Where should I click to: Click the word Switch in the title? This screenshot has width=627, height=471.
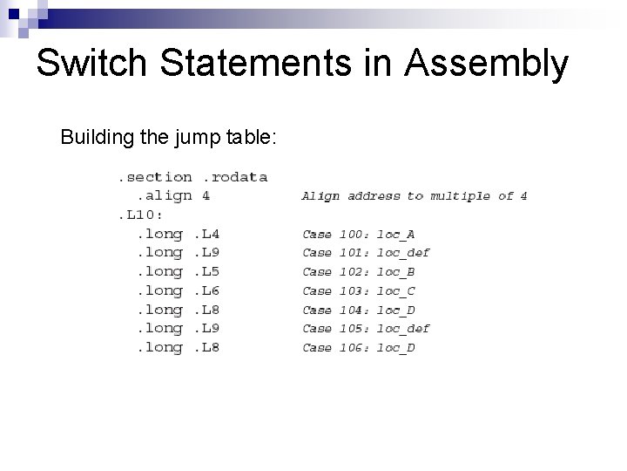(91, 64)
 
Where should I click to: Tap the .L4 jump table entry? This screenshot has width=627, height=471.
(206, 234)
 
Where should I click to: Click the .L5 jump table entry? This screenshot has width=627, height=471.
(206, 271)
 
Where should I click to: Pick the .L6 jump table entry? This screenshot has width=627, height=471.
(206, 290)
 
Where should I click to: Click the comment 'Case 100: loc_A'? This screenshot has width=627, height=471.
(359, 235)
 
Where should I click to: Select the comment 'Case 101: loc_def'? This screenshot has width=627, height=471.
(366, 253)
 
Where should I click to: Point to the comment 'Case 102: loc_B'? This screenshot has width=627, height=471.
(359, 272)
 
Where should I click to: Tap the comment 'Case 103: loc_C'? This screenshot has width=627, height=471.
(359, 291)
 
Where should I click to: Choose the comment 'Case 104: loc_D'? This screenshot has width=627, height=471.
(359, 310)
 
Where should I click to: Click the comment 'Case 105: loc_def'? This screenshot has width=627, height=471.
(366, 329)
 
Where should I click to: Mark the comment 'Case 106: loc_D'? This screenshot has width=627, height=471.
(359, 348)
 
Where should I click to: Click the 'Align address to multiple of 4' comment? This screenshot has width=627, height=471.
(414, 196)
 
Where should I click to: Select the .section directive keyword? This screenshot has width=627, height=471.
(155, 177)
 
